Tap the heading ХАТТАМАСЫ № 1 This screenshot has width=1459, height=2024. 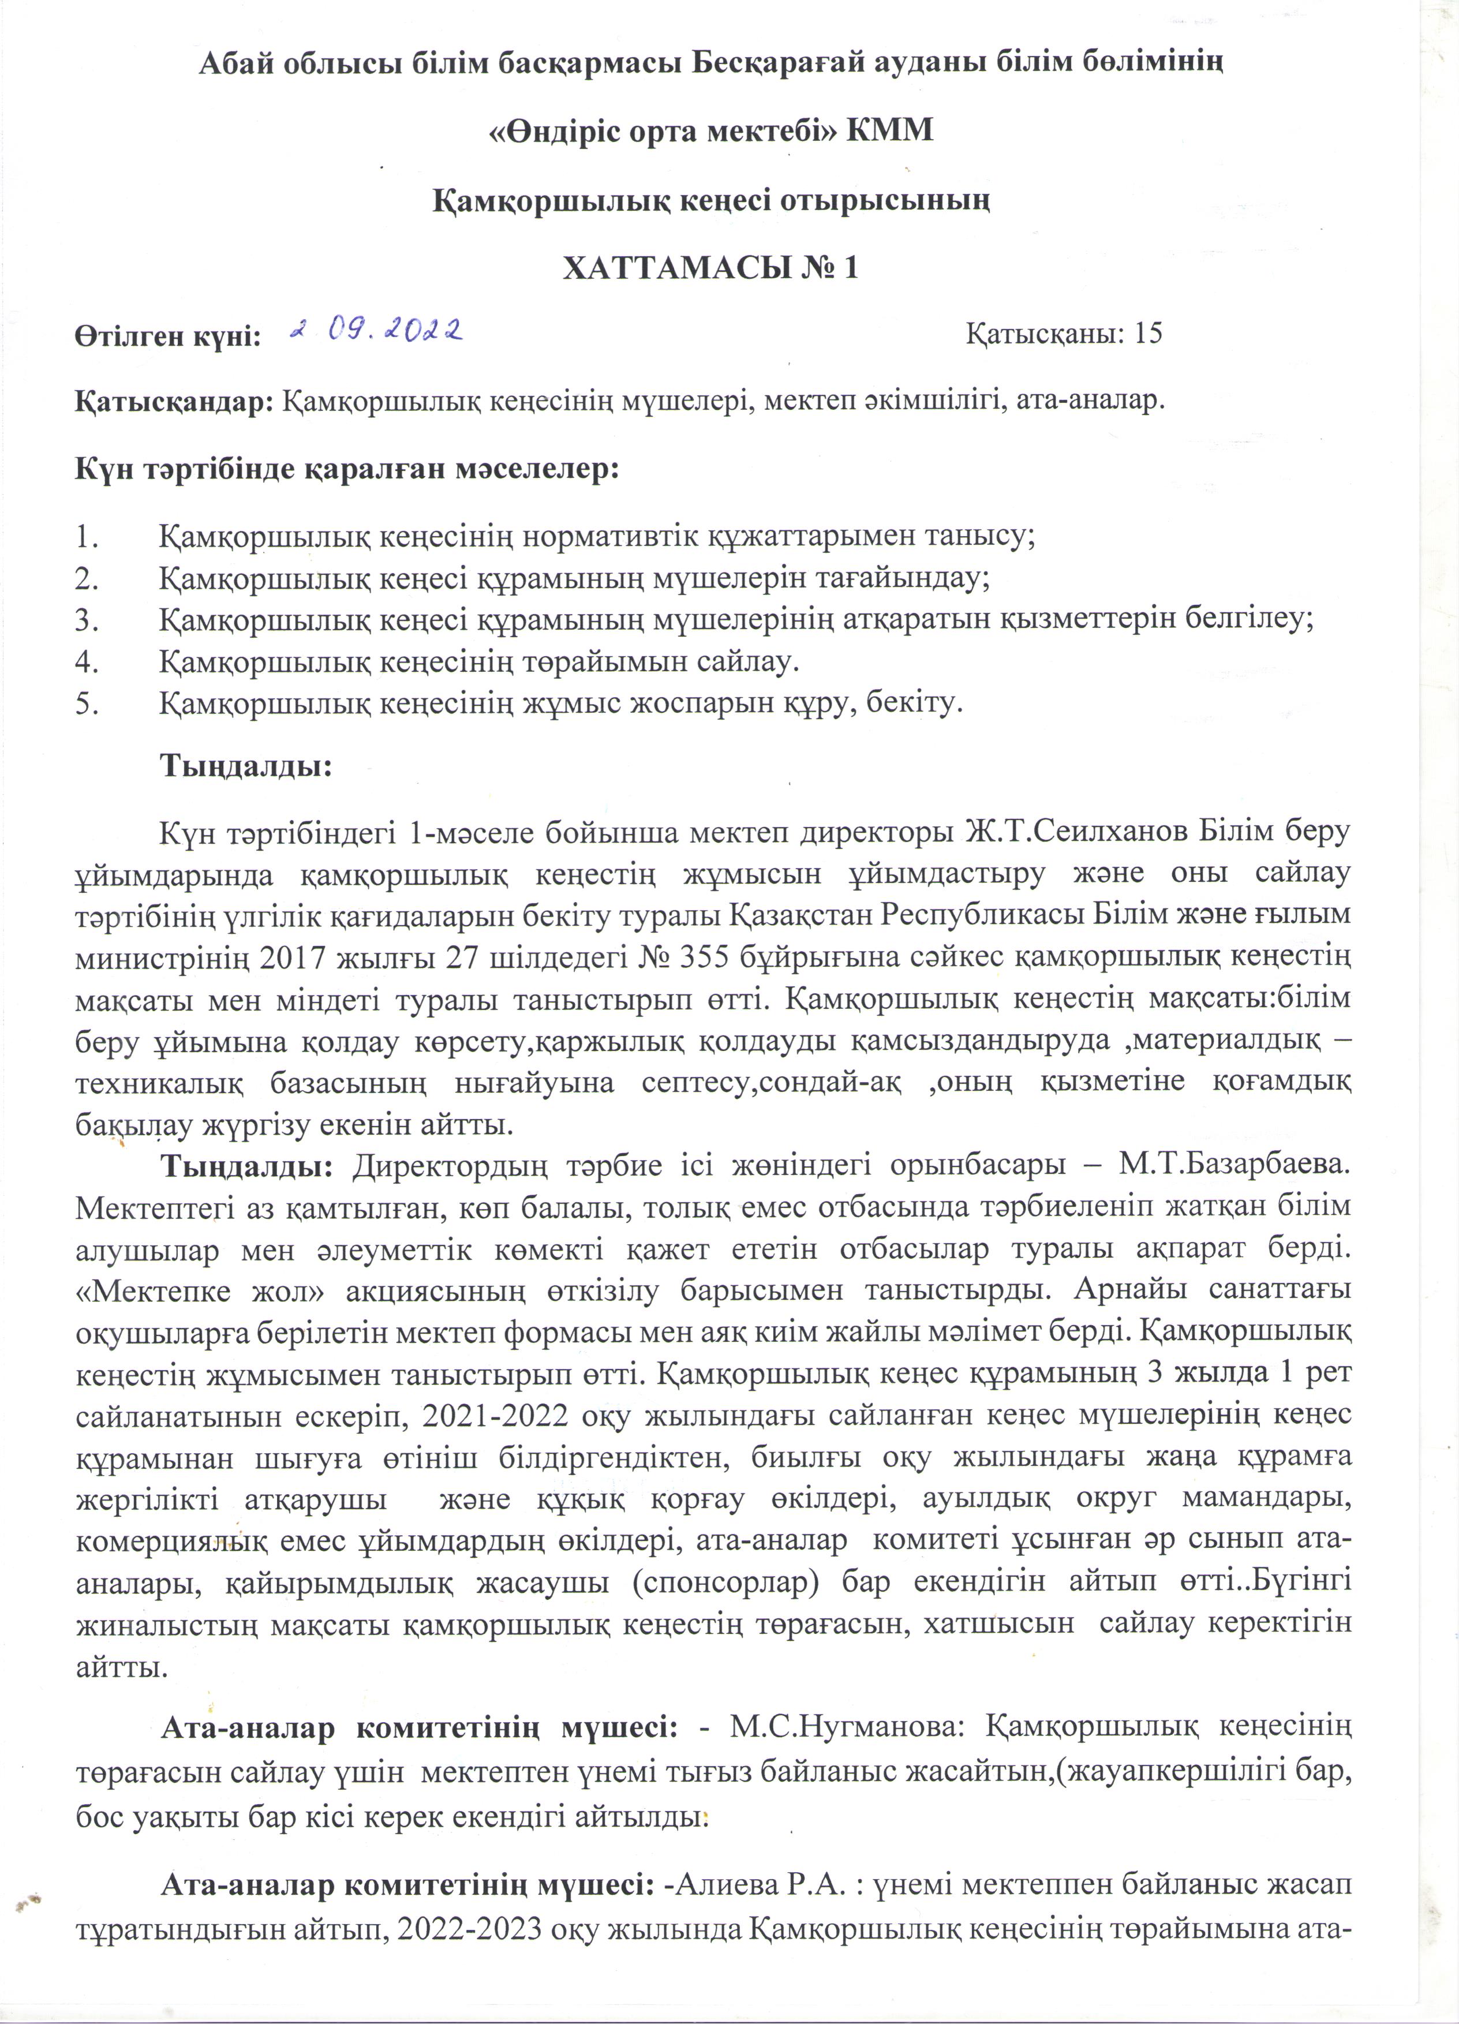pyautogui.click(x=710, y=268)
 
